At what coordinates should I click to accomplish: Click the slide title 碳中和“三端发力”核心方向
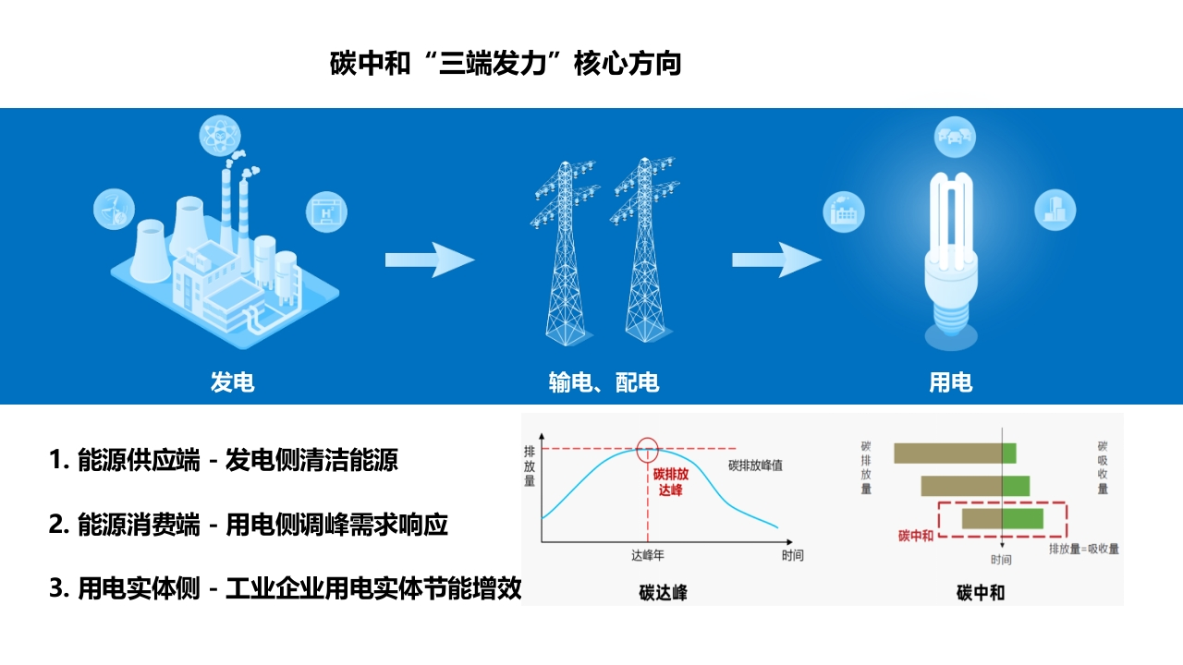[x=506, y=64]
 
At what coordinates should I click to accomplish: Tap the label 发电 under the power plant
[x=232, y=382]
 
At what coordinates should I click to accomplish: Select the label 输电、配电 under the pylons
[x=604, y=382]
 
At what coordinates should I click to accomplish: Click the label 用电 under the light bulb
[x=951, y=382]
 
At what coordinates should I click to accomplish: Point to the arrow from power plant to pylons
[x=430, y=260]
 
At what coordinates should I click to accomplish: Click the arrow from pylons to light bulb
[x=776, y=260]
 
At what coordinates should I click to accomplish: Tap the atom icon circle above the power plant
[x=220, y=136]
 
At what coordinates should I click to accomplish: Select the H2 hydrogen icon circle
[x=326, y=212]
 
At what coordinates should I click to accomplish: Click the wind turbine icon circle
[x=114, y=209]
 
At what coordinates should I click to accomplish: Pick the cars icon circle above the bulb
[x=955, y=138]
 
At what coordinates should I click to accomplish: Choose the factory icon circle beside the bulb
[x=844, y=212]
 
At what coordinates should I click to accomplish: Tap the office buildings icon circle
[x=1055, y=210]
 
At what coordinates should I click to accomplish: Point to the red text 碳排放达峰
[x=671, y=482]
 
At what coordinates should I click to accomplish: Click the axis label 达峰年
[x=648, y=555]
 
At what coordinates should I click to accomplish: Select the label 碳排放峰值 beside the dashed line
[x=755, y=465]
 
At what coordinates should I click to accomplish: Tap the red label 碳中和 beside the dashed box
[x=916, y=536]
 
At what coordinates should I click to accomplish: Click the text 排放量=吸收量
[x=1084, y=549]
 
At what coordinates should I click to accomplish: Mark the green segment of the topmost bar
[x=1009, y=453]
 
